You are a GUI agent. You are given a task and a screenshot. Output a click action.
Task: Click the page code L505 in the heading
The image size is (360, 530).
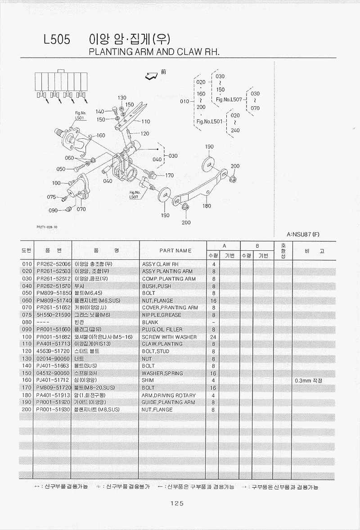tap(57, 40)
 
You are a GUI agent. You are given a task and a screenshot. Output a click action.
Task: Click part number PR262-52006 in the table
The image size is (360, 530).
tap(54, 264)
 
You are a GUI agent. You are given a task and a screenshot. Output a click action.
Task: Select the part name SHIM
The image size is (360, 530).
tap(148, 381)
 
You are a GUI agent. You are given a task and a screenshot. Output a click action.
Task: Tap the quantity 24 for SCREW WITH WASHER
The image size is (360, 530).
tap(213, 337)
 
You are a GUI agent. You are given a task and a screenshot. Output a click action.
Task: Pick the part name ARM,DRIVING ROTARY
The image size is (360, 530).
tap(169, 395)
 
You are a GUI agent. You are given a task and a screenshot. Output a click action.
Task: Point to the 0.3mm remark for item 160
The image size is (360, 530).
tap(308, 381)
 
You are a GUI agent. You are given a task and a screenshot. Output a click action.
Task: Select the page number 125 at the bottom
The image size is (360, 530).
tap(177, 504)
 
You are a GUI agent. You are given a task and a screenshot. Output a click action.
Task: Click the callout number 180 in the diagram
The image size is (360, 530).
tap(207, 206)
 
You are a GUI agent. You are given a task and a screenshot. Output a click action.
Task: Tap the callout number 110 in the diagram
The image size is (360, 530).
tap(146, 122)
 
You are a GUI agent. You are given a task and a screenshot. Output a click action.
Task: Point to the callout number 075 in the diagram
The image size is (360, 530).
tap(51, 197)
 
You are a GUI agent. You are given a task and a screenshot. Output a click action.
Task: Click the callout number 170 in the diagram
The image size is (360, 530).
tap(169, 175)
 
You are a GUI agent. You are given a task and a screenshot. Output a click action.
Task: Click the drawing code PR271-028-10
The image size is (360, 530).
tap(47, 227)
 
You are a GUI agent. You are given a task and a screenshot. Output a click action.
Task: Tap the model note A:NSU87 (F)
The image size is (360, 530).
tap(303, 234)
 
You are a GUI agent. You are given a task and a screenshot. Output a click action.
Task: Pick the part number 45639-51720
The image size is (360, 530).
tap(54, 351)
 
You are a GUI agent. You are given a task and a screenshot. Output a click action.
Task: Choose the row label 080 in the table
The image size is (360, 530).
tap(27, 322)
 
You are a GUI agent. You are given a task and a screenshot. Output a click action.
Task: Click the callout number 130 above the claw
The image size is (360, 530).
tap(122, 98)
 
